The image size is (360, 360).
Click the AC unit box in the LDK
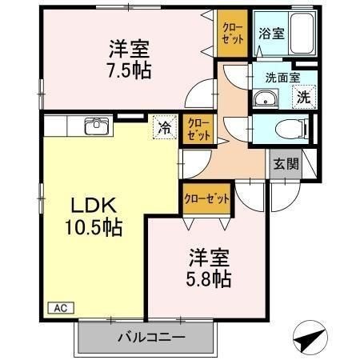tap(61, 308)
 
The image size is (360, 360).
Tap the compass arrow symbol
tap(310, 338)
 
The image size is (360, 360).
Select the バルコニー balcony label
tap(151, 338)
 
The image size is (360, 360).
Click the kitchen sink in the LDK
tap(97, 126)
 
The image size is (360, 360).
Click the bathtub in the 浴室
tap(302, 33)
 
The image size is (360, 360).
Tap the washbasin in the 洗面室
tap(265, 98)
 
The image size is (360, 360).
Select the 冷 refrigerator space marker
tap(165, 127)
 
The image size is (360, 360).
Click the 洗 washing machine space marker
tap(304, 97)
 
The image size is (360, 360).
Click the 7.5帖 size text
tap(130, 70)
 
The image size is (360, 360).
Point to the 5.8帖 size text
tap(209, 279)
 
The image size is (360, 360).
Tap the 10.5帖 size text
tap(94, 227)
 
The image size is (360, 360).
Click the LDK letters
tap(94, 205)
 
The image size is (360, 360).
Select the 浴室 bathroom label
tap(271, 34)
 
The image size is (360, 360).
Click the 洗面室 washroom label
tap(283, 78)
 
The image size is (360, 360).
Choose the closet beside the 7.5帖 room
tap(233, 34)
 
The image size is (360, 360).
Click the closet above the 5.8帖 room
tap(206, 198)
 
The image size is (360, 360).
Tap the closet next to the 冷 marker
tap(198, 130)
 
